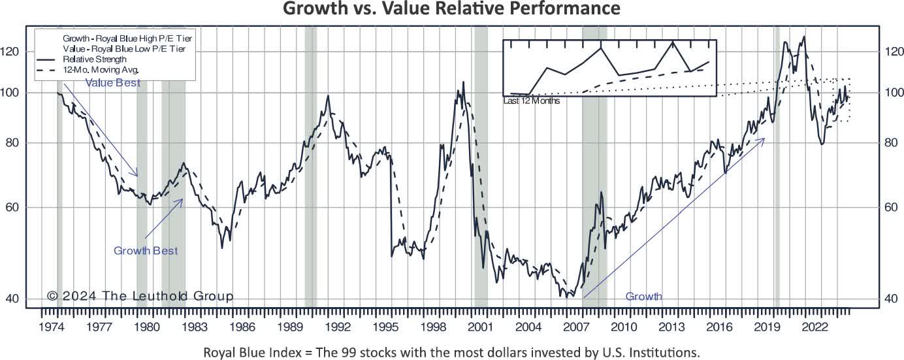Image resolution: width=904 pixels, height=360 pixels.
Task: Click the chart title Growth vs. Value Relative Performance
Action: [x=452, y=9]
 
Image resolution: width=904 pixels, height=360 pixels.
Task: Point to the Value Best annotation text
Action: [x=112, y=83]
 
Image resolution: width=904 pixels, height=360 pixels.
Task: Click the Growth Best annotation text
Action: [x=146, y=250]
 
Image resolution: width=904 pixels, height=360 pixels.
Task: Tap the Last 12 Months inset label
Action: [x=532, y=101]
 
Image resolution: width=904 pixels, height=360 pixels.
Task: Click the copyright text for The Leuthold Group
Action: [x=140, y=296]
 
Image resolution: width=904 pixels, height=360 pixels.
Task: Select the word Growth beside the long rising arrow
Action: [x=643, y=297]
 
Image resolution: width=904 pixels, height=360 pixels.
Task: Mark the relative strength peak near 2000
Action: [x=464, y=83]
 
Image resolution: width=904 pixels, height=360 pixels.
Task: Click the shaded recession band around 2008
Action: [x=594, y=196]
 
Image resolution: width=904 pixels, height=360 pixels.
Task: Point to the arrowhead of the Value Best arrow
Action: [x=138, y=175]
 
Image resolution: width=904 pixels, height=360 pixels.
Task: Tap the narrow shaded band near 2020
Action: [x=777, y=196]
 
